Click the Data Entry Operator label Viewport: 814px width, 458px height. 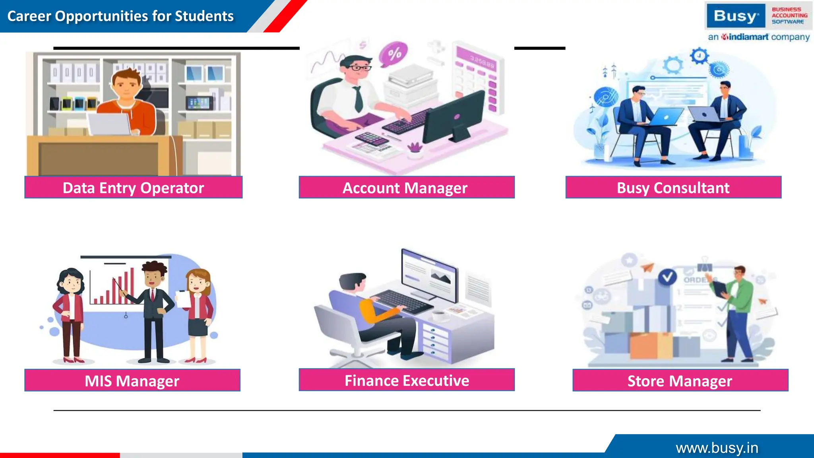[x=133, y=188]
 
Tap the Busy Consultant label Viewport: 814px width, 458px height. [x=673, y=188]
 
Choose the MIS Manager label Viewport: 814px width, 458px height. [x=132, y=381]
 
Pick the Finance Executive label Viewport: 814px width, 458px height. [x=407, y=380]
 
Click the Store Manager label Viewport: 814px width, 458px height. [x=680, y=381]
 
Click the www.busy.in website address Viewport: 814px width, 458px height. [x=717, y=448]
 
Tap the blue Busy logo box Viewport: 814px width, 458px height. [x=736, y=16]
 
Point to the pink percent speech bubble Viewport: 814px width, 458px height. [x=393, y=54]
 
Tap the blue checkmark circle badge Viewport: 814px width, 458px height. [x=667, y=277]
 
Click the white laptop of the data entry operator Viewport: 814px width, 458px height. [x=109, y=124]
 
